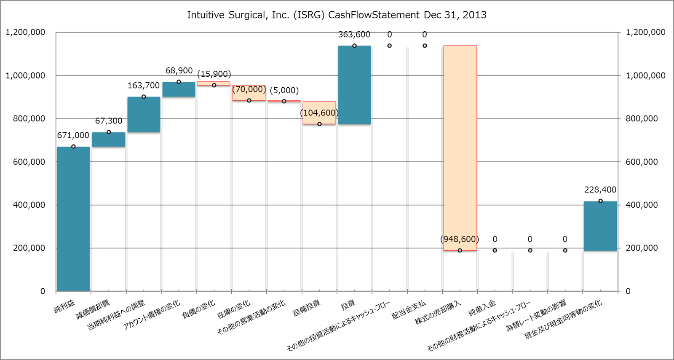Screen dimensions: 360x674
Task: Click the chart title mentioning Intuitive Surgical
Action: [x=337, y=15]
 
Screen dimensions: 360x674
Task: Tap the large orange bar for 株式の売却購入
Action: [x=460, y=148]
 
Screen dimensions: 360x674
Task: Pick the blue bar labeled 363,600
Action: [x=354, y=85]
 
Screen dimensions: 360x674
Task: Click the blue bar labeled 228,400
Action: [x=600, y=226]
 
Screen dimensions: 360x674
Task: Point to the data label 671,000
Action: [x=73, y=135]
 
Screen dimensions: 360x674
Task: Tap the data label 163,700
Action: [x=144, y=86]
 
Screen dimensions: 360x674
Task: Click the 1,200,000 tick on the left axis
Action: [x=25, y=32]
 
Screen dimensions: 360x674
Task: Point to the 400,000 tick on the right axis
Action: [x=642, y=205]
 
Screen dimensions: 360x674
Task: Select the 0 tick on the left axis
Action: [x=43, y=291]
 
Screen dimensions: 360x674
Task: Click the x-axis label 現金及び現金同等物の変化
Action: [x=563, y=320]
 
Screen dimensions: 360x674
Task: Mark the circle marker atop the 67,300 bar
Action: [x=109, y=132]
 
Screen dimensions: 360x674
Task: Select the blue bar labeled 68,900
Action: [x=179, y=89]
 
